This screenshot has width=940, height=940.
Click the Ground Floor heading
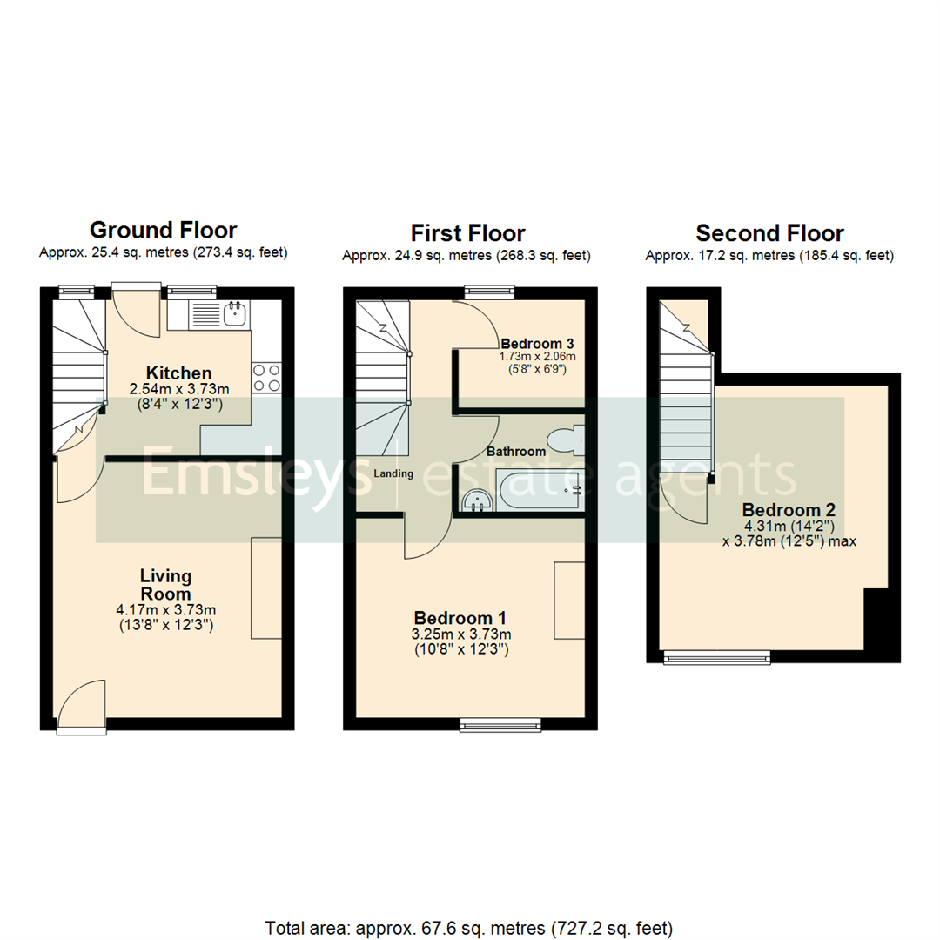pyautogui.click(x=163, y=231)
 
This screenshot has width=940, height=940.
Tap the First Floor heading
pyautogui.click(x=467, y=233)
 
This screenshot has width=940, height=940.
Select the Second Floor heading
pyautogui.click(x=769, y=233)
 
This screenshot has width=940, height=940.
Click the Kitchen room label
pyautogui.click(x=178, y=373)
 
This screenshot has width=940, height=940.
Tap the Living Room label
pyautogui.click(x=165, y=584)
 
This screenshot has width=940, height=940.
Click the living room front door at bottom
pyautogui.click(x=81, y=707)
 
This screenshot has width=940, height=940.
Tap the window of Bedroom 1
pyautogui.click(x=500, y=723)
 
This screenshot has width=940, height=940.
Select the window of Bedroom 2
pyautogui.click(x=716, y=659)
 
